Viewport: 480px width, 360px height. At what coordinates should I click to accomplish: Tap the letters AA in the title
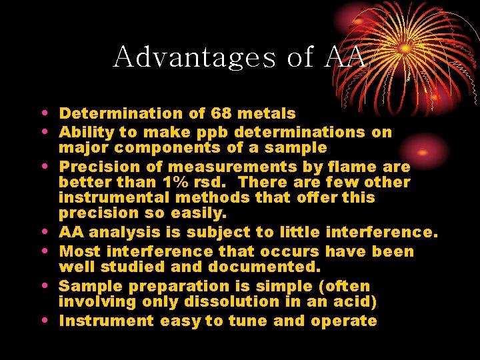coord(345,57)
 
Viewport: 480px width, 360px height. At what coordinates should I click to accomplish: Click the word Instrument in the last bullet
coord(107,321)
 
